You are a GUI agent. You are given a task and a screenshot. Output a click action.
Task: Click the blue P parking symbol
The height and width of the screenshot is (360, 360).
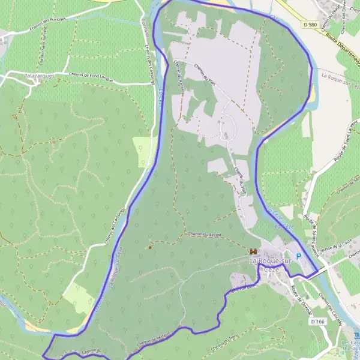tap(299, 255)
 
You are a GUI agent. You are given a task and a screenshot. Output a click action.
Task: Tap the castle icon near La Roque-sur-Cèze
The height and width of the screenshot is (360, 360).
tap(253, 251)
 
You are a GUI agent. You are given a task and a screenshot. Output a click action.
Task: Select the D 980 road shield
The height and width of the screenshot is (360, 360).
tap(309, 24)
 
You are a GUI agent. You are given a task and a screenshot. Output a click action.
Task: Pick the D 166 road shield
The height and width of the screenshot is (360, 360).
tap(318, 322)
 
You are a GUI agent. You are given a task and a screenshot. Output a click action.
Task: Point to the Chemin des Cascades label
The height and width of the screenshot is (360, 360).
tap(331, 310)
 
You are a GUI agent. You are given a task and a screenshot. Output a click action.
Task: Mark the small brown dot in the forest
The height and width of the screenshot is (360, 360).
tap(149, 247)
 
